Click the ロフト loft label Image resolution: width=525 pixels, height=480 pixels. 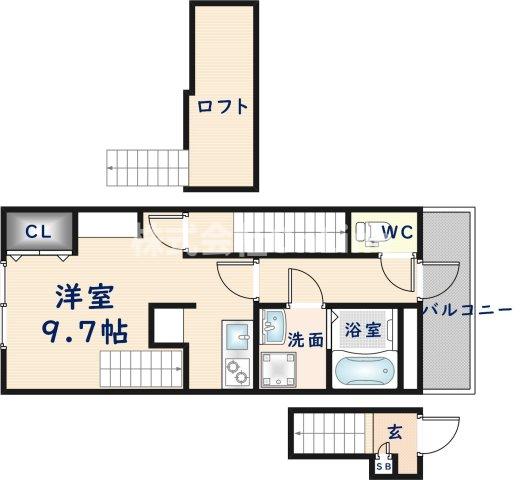221,105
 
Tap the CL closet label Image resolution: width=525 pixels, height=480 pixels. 38,232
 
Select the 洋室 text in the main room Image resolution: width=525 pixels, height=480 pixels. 81,297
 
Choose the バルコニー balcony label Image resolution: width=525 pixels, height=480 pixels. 467,311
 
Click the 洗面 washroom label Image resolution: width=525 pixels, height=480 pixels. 306,340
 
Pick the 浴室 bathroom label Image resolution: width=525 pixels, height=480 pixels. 361,328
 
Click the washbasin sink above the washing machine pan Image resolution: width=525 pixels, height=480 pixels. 273,323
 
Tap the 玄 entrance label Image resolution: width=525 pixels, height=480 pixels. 394,433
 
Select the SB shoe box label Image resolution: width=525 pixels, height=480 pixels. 384,464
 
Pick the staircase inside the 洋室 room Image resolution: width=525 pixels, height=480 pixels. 141,366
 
